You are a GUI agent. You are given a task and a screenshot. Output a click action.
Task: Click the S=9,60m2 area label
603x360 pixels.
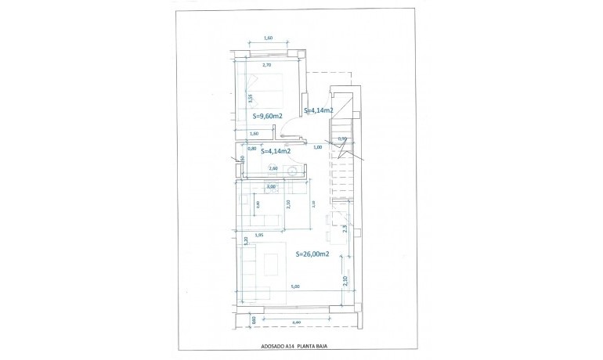click(266, 116)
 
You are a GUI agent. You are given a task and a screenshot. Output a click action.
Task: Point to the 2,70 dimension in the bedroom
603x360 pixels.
click(266, 65)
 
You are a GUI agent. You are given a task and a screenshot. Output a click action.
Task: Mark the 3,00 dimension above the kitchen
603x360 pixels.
click(270, 187)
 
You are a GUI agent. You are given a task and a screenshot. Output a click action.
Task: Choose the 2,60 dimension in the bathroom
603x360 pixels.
click(273, 168)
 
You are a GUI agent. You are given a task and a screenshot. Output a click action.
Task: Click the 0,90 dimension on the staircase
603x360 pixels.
click(341, 139)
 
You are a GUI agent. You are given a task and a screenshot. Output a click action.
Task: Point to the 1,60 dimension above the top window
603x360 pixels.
click(268, 38)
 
